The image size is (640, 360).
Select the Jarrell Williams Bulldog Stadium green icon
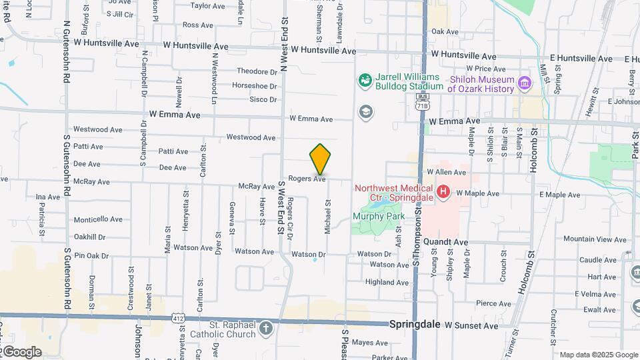pos(365,81)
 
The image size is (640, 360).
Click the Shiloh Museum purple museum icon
pos(525,83)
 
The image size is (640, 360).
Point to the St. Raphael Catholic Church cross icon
pos(266,328)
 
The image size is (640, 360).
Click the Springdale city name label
pos(414,323)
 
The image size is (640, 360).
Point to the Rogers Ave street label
pos(307,179)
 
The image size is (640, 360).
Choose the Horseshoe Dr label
pos(254,86)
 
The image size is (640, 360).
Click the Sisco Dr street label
pos(263,100)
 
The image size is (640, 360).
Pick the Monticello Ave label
pos(98,219)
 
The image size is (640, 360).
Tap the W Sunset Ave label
pos(471,326)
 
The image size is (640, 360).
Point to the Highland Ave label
pos(387,283)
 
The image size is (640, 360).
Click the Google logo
pos(21,351)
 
